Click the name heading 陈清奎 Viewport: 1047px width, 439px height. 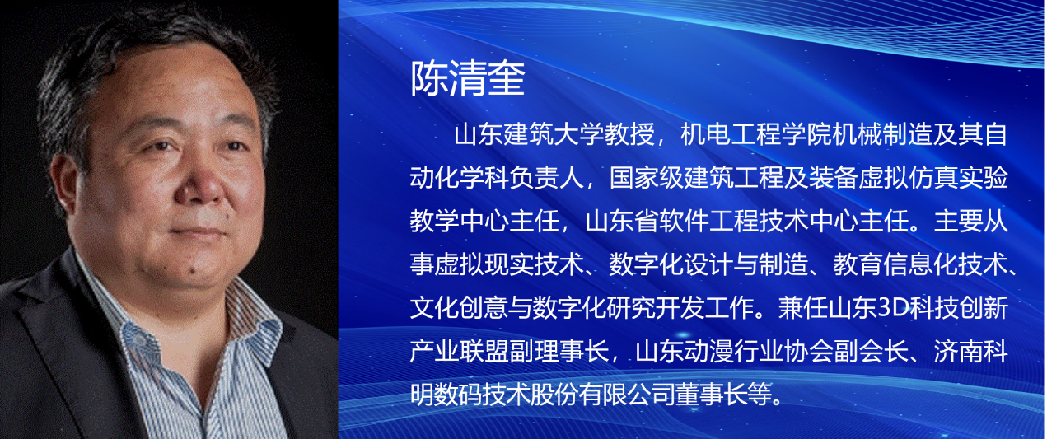coord(468,78)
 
